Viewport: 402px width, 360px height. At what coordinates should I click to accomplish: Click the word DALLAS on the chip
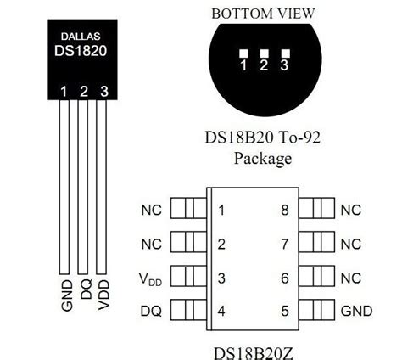pos(81,37)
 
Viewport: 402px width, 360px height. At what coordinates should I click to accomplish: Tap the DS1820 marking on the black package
pos(81,51)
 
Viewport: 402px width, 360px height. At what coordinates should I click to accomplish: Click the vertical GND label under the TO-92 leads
pos(67,295)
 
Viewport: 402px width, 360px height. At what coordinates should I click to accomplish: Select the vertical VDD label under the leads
pos(103,295)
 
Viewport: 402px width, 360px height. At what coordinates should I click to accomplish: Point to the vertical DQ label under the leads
pos(87,289)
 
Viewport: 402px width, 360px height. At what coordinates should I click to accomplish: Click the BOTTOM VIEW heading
pos(263,14)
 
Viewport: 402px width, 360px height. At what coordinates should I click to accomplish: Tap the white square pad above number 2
pos(264,53)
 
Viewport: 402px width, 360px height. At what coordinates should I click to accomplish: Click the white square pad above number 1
pos(243,53)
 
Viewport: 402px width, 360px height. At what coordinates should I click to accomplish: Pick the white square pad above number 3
pos(285,53)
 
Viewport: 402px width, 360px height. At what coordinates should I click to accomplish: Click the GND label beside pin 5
pos(356,311)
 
